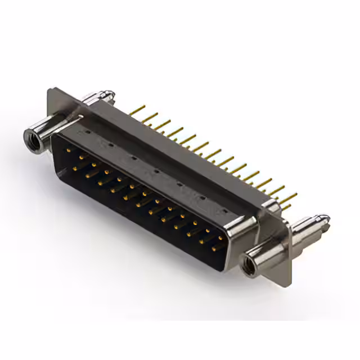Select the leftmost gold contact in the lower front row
pyautogui.click(x=76, y=166)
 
